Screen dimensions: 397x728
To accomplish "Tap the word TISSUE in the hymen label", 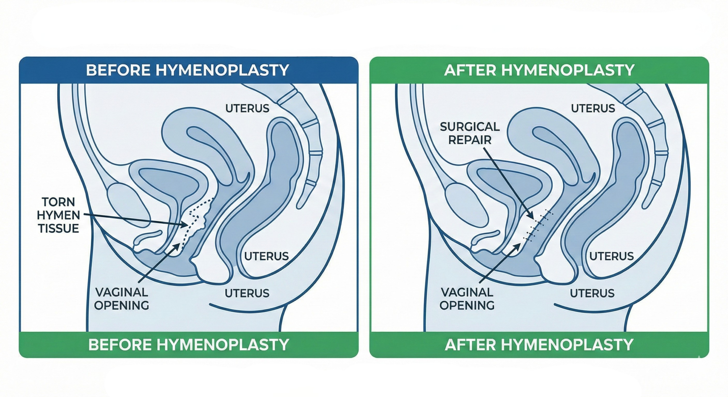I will pyautogui.click(x=58, y=229).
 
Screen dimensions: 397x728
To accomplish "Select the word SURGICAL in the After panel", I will pyautogui.click(x=470, y=127).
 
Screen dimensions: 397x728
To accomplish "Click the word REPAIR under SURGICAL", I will pyautogui.click(x=470, y=140).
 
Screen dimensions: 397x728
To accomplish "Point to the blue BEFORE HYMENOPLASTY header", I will pyautogui.click(x=188, y=70).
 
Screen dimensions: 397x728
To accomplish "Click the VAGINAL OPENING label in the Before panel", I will pyautogui.click(x=121, y=299).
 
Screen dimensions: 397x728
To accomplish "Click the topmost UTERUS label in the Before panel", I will pyautogui.click(x=247, y=108).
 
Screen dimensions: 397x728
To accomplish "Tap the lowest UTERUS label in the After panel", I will pyautogui.click(x=592, y=293).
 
